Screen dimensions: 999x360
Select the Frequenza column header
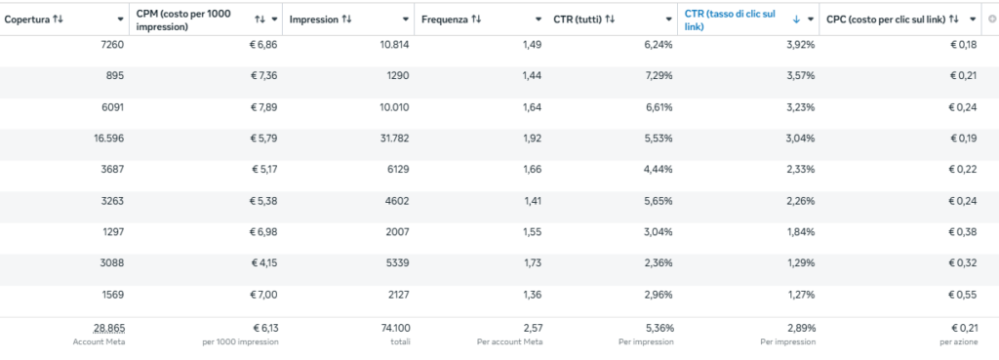445,20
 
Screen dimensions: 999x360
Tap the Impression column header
313,20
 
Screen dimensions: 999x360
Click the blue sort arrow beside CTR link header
796,20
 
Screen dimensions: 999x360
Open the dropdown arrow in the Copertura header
120,20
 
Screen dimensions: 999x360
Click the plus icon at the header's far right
991,20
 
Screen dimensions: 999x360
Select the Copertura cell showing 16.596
108,138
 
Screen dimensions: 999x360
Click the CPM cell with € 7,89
263,107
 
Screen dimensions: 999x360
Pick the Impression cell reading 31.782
394,138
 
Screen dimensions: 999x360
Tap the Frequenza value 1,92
532,138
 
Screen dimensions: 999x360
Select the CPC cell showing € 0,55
962,295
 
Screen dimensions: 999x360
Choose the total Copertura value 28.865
109,328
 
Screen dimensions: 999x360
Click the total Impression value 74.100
395,328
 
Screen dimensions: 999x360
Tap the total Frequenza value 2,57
532,328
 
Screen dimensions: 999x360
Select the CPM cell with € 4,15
263,262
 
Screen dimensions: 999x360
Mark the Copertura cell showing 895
115,76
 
